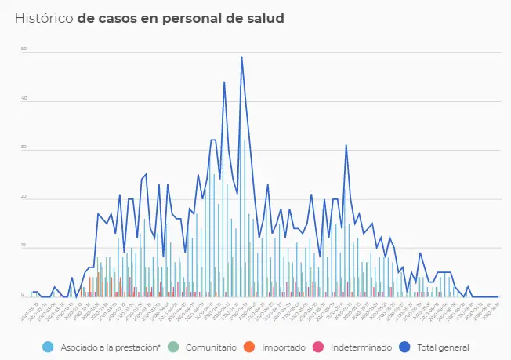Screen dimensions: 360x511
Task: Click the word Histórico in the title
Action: click(44, 17)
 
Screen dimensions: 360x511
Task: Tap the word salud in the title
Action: click(263, 17)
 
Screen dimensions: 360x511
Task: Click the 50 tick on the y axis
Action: click(24, 49)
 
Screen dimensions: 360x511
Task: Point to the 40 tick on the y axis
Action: click(24, 99)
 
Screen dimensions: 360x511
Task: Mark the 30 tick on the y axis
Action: click(24, 148)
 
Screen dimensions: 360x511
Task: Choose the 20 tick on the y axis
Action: click(24, 198)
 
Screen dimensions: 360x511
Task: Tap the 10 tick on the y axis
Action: click(24, 247)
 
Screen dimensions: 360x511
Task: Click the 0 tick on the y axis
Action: click(24, 296)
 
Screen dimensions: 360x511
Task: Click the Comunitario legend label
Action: click(211, 347)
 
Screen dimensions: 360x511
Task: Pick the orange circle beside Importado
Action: click(248, 347)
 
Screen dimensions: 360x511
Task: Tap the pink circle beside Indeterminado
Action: click(317, 347)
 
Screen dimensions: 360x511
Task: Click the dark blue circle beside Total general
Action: click(405, 347)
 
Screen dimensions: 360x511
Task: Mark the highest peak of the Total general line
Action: click(241, 57)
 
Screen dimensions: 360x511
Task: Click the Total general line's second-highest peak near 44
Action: click(224, 82)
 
